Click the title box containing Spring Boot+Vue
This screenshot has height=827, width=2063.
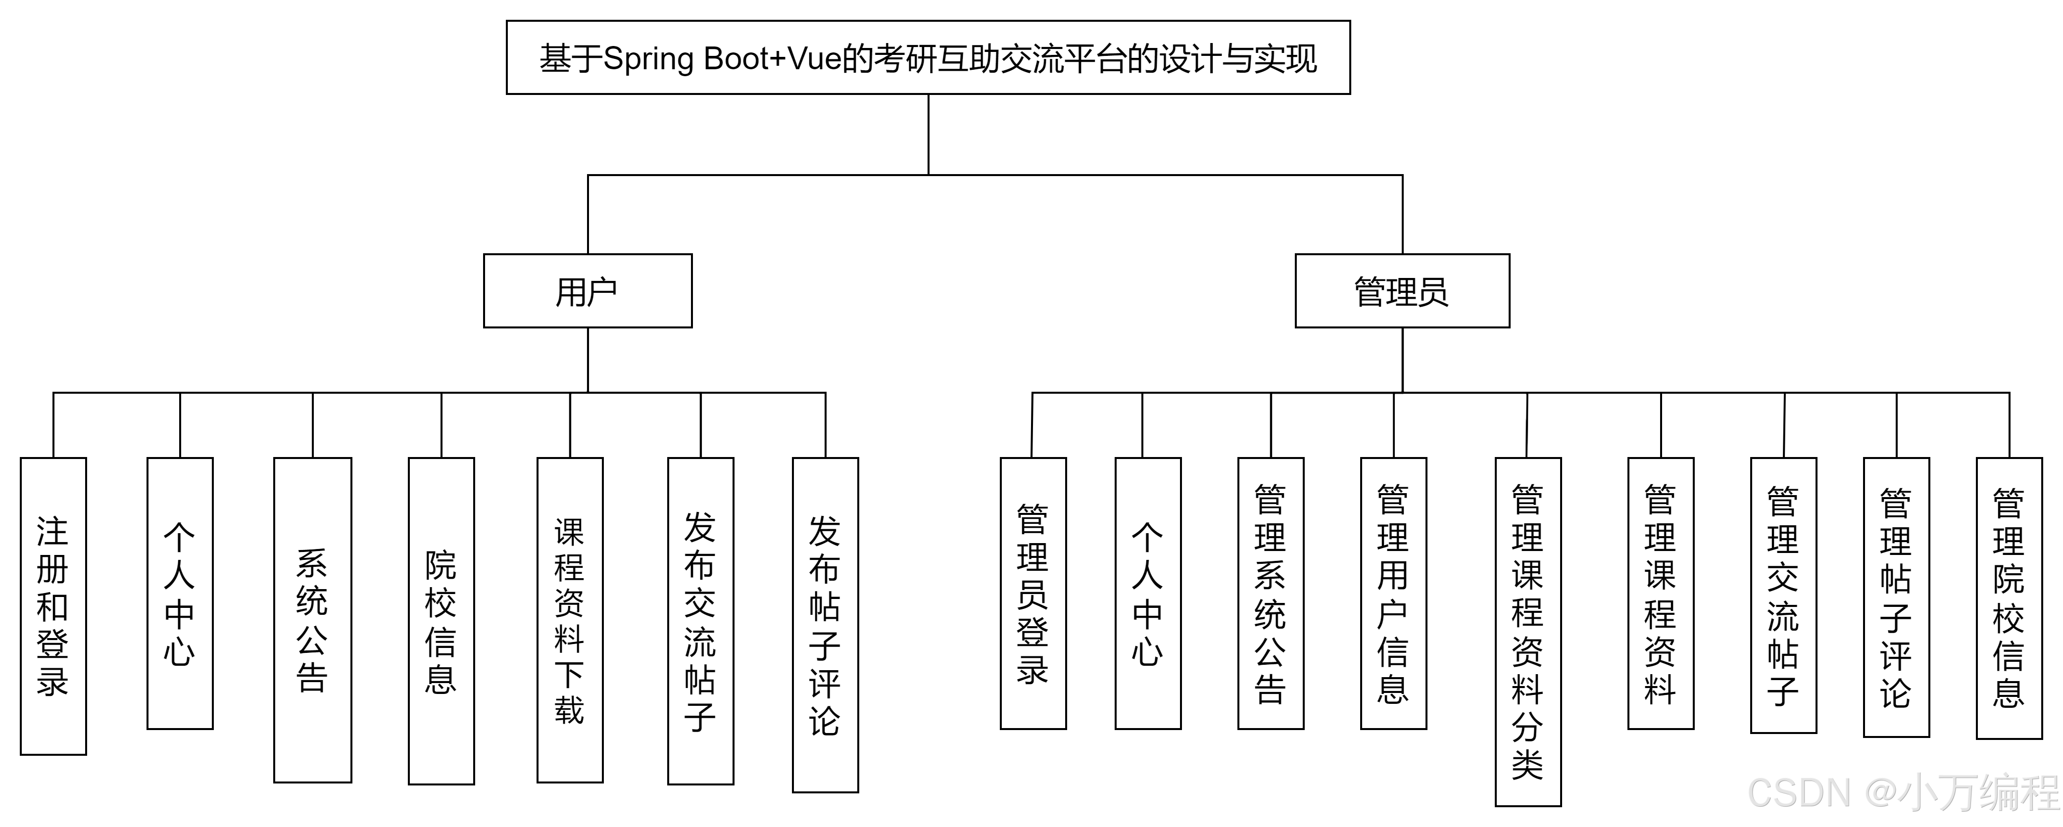(928, 58)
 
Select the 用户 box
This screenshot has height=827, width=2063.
(588, 291)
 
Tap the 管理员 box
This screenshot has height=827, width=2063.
(1402, 291)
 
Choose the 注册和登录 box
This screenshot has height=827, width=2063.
(53, 606)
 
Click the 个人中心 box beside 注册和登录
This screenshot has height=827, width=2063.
(180, 593)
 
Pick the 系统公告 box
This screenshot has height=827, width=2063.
(312, 620)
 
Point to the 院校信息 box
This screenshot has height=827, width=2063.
(442, 620)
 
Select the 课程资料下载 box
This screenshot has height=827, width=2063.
(570, 620)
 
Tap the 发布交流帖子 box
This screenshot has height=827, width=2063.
(701, 620)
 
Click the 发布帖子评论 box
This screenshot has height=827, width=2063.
(826, 624)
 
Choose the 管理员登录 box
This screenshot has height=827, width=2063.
(1033, 593)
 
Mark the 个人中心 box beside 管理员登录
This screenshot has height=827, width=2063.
(1148, 593)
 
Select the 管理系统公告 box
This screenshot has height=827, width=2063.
(1271, 593)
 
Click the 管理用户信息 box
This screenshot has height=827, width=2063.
(1393, 593)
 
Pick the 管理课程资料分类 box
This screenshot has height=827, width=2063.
(1528, 632)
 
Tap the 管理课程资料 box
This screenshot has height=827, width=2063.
(1661, 593)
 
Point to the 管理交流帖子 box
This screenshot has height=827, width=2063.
(1783, 596)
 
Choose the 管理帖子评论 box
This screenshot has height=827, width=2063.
(1896, 597)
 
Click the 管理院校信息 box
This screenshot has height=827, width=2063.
(2010, 598)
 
